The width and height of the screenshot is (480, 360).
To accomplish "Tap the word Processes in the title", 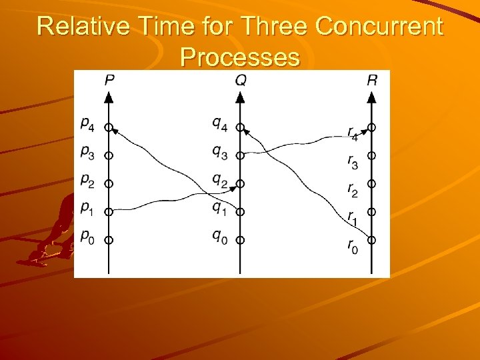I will click(239, 57).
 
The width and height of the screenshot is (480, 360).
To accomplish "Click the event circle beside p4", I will click(109, 127).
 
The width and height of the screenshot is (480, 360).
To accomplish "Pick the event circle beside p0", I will click(109, 239).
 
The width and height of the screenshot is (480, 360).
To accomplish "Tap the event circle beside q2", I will click(241, 183).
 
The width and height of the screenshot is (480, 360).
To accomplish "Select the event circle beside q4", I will click(241, 127).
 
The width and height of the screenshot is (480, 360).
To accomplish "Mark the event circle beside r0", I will click(372, 239).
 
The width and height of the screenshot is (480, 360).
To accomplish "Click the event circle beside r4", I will click(372, 127).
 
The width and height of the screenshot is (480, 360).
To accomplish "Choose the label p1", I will click(87, 208).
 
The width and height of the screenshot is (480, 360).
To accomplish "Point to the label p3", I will click(87, 152).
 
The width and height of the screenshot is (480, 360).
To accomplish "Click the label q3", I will click(219, 152).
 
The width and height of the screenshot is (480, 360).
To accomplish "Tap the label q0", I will click(219, 236).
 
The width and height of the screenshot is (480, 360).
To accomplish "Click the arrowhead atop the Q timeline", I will click(241, 97).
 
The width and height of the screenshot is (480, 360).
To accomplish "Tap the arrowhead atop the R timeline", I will click(372, 97).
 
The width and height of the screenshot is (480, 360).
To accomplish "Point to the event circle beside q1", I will click(241, 211).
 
